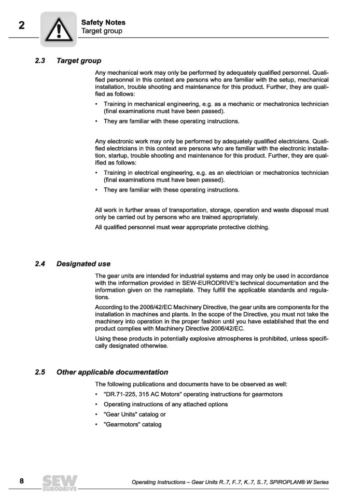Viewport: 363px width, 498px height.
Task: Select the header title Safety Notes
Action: (103, 22)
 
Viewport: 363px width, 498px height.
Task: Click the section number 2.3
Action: (40, 61)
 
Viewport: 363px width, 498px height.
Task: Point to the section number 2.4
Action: (40, 264)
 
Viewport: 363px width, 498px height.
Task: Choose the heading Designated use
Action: (83, 264)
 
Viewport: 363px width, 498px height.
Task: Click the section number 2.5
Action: (40, 372)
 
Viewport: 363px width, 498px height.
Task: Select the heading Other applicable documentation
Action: (112, 372)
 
